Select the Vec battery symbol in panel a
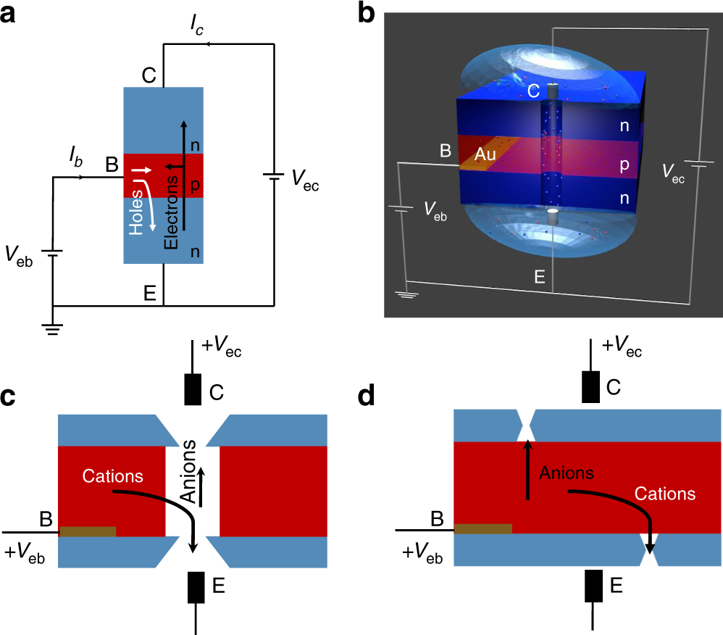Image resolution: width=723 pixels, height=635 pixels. pos(273,177)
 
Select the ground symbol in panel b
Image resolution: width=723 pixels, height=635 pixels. pos(404,294)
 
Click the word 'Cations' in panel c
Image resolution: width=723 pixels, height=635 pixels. pos(113,476)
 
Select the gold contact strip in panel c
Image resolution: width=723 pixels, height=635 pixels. pos(88,531)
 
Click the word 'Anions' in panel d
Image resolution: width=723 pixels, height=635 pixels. pos(567,473)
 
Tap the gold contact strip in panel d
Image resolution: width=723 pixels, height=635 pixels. pos(483,528)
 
